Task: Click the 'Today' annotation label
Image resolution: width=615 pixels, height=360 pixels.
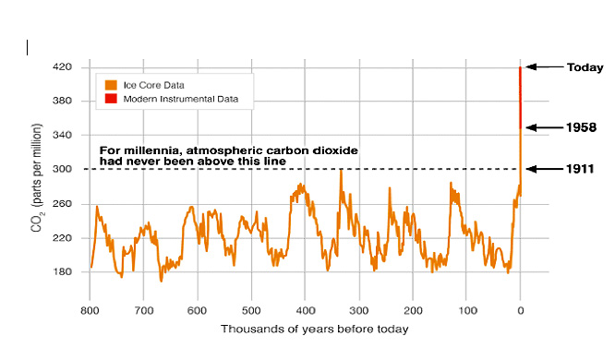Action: coord(585,67)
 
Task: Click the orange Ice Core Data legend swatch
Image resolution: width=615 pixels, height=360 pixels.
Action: coord(110,85)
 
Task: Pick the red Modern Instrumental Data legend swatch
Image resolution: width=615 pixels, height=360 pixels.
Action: coord(110,97)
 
